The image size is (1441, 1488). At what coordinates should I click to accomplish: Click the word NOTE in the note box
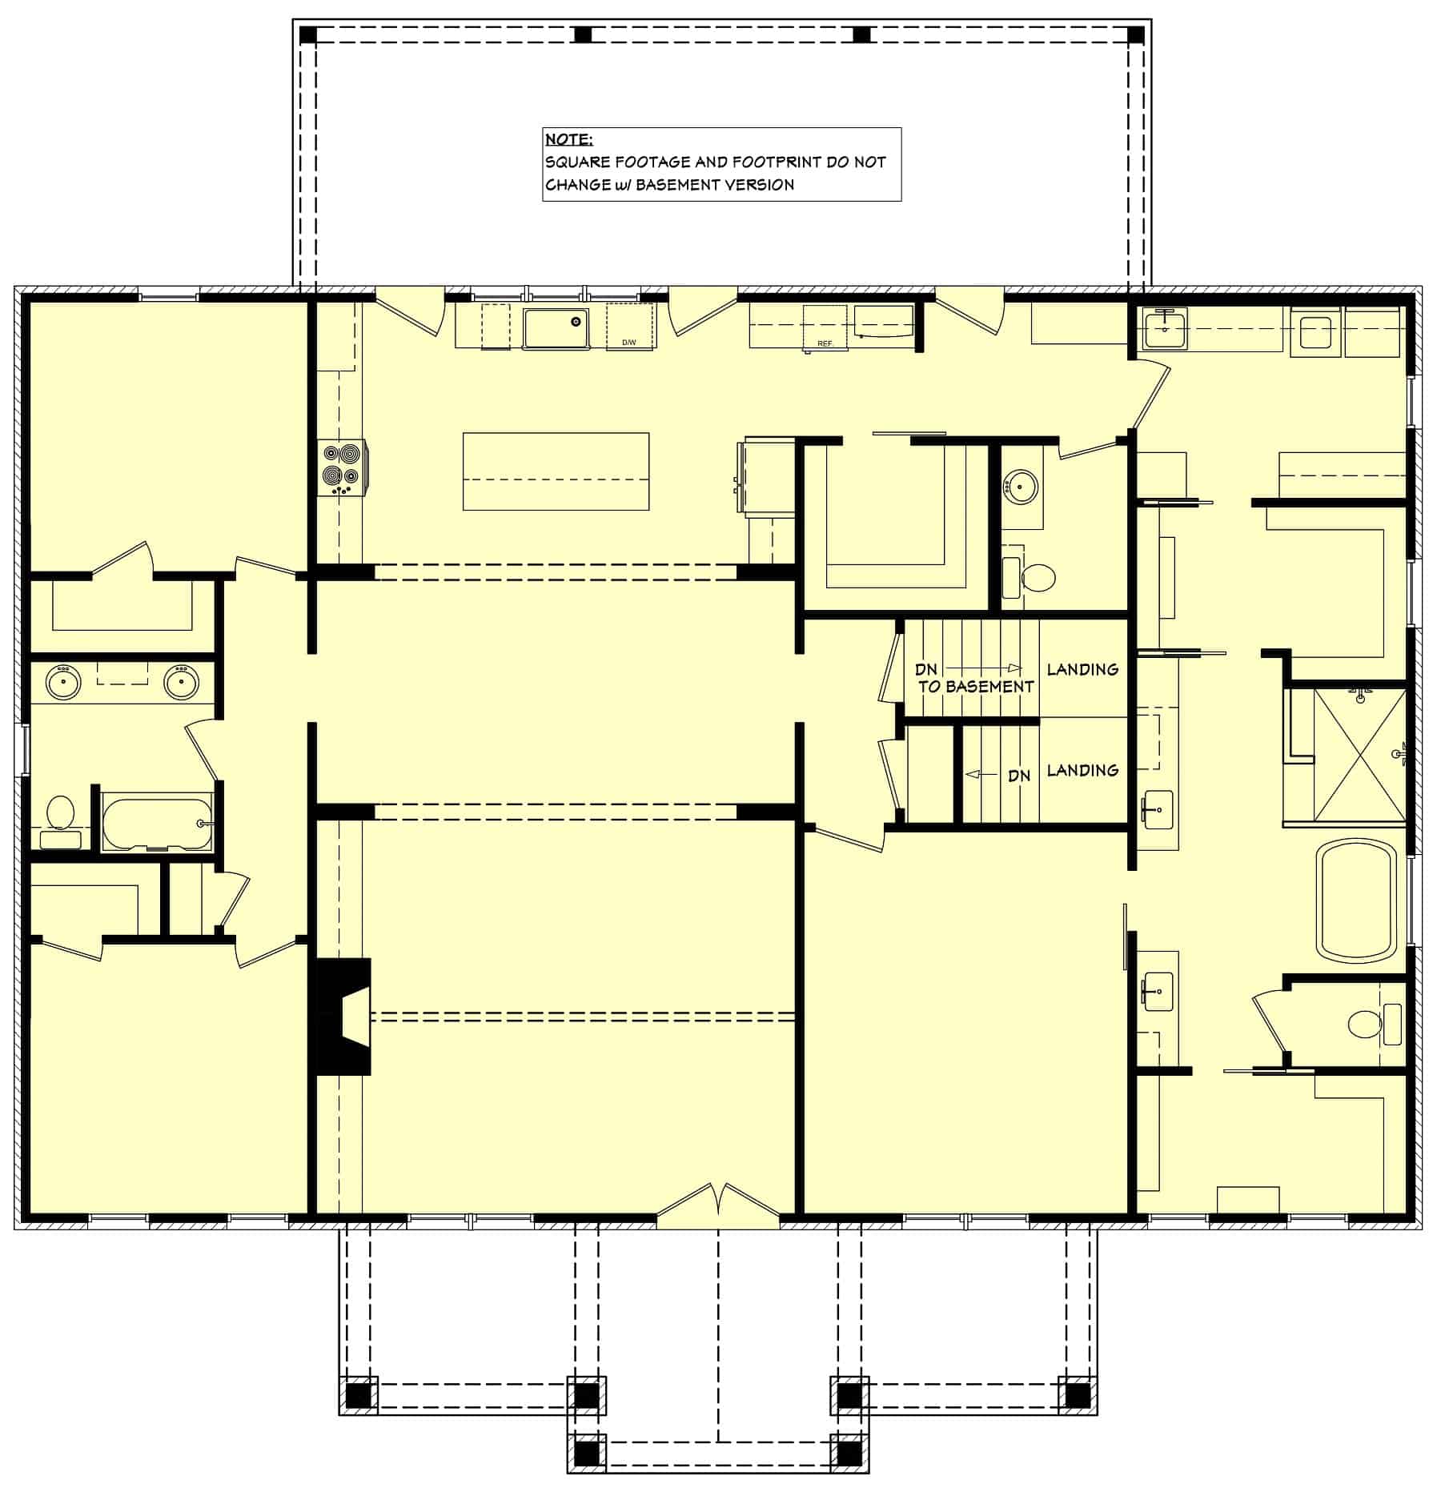(x=568, y=139)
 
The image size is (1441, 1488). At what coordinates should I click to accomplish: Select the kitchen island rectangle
(x=556, y=471)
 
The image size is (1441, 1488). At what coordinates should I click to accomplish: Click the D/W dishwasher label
(x=629, y=343)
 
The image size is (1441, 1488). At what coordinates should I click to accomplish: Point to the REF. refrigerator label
(x=825, y=343)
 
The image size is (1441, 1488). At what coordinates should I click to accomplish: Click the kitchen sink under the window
(x=556, y=328)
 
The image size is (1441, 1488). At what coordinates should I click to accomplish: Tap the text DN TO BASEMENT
(x=974, y=678)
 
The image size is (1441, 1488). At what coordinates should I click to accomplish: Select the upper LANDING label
(x=1082, y=669)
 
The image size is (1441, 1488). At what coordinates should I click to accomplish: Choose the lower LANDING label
(x=1082, y=770)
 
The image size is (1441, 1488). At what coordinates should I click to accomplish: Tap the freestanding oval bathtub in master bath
(x=1356, y=900)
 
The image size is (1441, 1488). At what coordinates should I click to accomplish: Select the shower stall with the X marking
(x=1359, y=754)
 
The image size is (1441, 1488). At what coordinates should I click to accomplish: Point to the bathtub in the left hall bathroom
(x=157, y=824)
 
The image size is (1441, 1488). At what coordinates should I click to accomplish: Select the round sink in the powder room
(x=1021, y=485)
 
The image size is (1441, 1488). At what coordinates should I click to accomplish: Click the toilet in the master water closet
(x=1363, y=1024)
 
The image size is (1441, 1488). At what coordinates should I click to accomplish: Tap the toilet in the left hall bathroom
(x=59, y=812)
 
